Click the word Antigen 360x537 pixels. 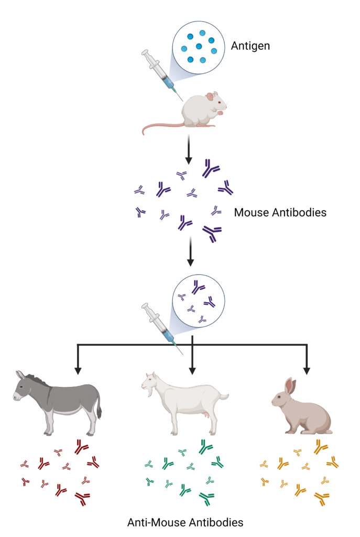[x=250, y=46]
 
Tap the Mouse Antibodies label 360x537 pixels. [x=280, y=212]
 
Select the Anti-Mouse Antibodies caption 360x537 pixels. [x=185, y=522]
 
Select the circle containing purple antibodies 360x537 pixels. [x=199, y=301]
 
